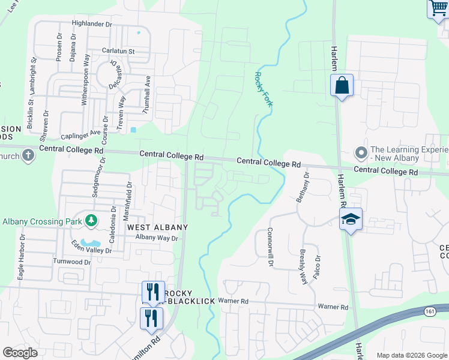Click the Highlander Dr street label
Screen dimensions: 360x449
point(92,24)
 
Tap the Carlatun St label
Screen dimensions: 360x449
point(118,51)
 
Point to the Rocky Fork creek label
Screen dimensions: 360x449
point(264,89)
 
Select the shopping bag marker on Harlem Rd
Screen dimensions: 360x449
point(342,85)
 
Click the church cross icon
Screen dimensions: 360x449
point(28,156)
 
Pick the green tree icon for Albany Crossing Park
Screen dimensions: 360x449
point(91,220)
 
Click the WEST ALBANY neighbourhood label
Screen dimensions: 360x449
point(157,227)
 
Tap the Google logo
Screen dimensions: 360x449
point(20,353)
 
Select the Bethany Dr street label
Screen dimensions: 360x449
point(303,186)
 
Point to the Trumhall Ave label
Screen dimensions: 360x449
point(146,95)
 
